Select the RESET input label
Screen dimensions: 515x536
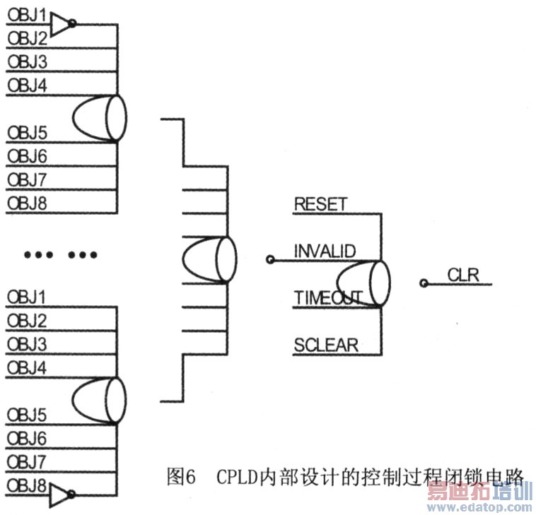click(320, 204)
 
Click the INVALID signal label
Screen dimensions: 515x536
click(325, 251)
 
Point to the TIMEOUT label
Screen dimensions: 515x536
click(328, 298)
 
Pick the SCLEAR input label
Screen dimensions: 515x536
click(326, 345)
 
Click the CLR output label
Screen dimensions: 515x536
click(463, 275)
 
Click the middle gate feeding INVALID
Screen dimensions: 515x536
click(209, 259)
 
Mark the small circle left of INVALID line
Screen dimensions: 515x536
click(269, 260)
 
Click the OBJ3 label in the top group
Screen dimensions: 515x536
click(27, 62)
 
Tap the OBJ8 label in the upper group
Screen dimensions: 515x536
click(27, 203)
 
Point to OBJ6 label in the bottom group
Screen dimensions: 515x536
click(27, 439)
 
